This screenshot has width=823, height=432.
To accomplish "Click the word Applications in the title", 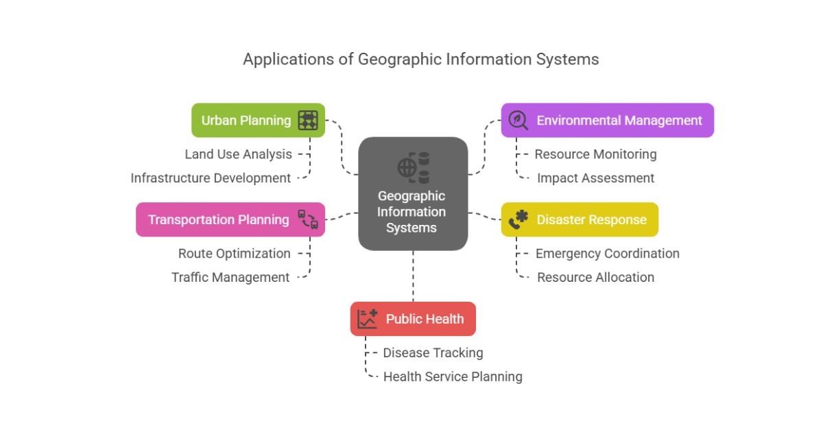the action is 289,60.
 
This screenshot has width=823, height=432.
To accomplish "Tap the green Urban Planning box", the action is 259,120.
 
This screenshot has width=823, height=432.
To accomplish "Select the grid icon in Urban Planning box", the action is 308,120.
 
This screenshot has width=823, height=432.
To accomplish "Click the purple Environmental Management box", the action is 608,120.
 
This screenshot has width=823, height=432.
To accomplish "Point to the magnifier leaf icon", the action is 518,120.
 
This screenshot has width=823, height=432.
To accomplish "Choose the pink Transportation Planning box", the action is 230,219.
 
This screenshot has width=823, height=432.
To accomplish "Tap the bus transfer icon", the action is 308,219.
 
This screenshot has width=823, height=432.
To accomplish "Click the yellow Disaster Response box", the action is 580,219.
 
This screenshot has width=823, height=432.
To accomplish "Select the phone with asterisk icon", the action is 518,219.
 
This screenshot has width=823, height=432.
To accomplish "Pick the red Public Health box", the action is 413,318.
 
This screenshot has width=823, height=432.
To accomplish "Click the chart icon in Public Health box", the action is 368,318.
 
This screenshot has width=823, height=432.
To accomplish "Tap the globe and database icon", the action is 414,167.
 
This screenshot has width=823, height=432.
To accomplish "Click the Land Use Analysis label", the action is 239,154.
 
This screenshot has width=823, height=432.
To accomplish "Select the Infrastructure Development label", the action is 211,178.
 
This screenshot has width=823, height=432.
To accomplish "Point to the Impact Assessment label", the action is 595,178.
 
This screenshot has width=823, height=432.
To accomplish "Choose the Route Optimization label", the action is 235,254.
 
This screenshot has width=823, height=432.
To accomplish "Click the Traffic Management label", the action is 230,277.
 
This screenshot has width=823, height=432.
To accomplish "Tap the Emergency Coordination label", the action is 608,254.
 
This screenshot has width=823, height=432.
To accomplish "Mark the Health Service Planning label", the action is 453,376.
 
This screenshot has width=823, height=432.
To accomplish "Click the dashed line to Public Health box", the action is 413,276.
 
